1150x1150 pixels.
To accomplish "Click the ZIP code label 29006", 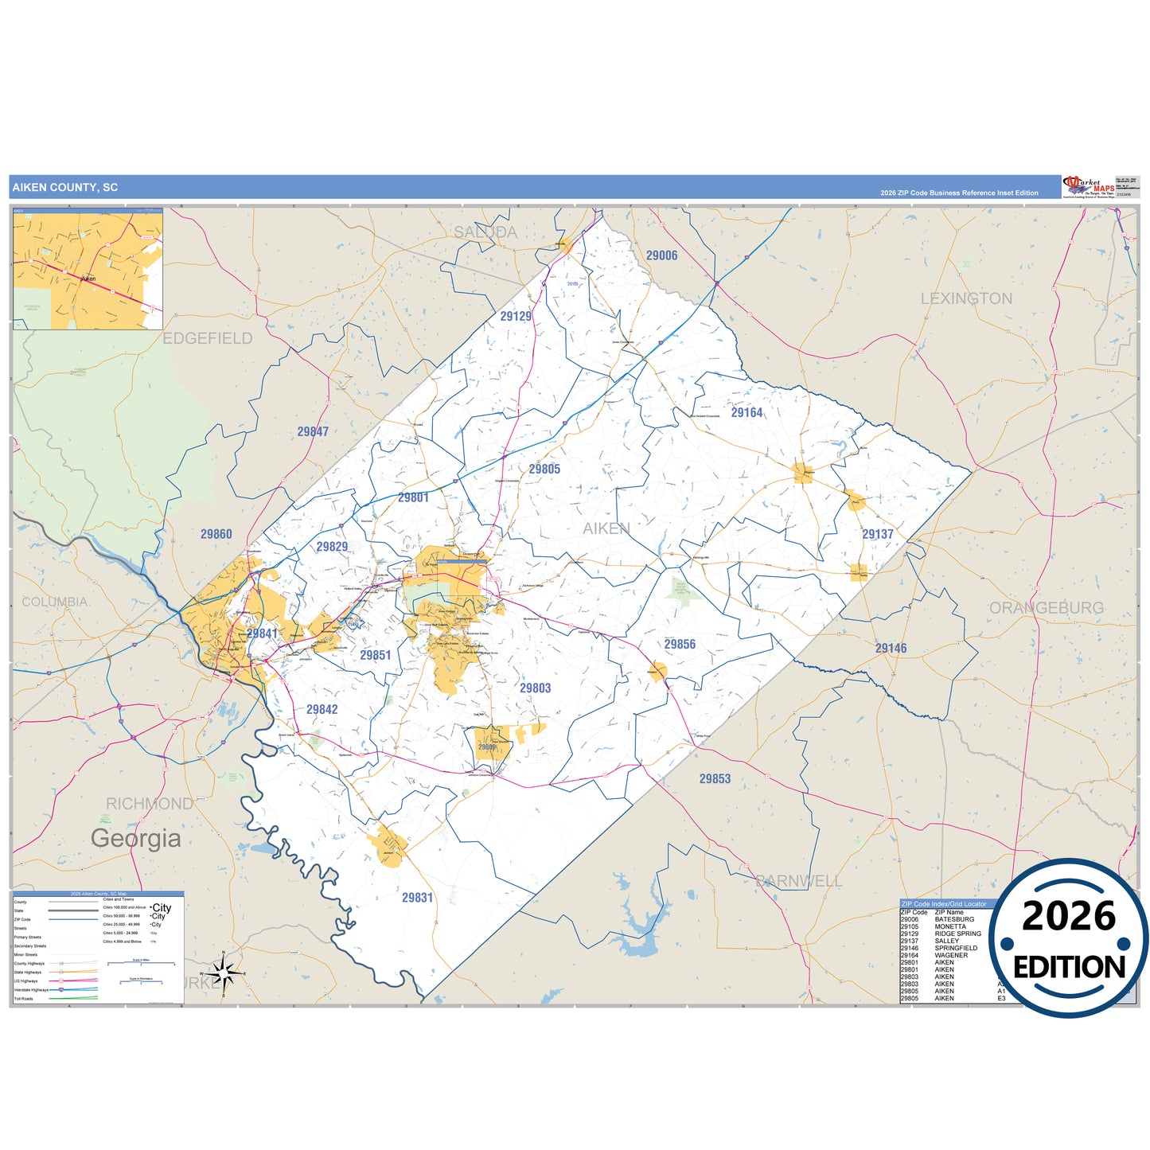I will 661,255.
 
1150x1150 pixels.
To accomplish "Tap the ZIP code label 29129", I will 516,316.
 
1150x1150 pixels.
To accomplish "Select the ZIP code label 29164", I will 747,412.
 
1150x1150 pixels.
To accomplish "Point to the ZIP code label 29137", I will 877,534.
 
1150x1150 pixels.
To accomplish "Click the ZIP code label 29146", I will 891,648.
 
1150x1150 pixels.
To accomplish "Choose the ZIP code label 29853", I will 715,778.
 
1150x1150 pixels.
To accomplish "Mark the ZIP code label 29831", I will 417,897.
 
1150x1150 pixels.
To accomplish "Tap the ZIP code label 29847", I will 313,431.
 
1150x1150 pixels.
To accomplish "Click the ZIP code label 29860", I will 216,534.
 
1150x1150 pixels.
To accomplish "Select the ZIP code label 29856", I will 680,644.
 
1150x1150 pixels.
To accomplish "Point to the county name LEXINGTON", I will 966,298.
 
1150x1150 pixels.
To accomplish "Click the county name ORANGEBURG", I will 1046,608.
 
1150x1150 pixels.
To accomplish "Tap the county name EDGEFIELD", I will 208,338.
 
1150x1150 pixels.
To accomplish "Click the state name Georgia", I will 135,838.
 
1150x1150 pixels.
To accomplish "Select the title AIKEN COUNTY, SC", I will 65,188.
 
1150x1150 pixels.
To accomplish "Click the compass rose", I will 224,973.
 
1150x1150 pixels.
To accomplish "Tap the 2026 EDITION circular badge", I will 1069,938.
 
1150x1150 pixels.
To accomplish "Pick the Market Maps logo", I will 1089,187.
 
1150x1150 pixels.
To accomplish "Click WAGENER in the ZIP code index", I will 951,955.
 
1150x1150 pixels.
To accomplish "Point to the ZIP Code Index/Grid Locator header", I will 944,904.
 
